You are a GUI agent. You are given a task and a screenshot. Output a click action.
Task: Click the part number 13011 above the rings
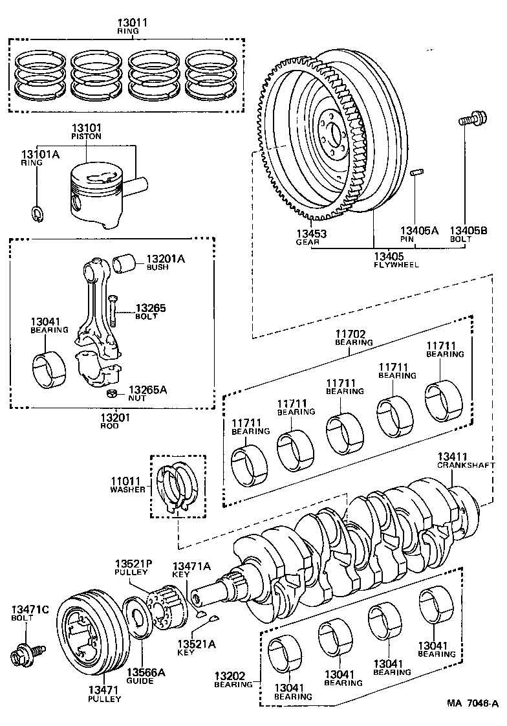(x=133, y=23)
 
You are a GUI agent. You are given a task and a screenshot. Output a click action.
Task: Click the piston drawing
(x=97, y=194)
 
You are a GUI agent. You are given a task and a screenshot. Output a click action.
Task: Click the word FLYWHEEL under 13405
(x=396, y=264)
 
